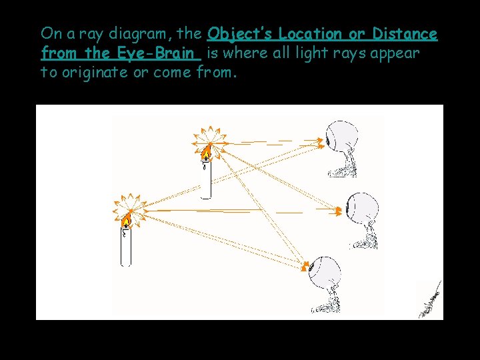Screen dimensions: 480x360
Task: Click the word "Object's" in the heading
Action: point(241,34)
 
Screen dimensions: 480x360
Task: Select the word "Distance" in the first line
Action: point(405,34)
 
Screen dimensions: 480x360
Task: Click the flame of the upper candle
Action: point(207,151)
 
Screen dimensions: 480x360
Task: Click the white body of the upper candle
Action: point(207,180)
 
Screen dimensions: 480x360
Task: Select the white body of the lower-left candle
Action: point(125,248)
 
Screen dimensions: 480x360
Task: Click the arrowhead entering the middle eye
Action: point(339,211)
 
